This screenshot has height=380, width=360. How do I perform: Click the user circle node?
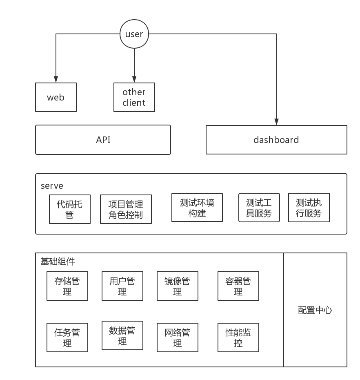(x=134, y=34)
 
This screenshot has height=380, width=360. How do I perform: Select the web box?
(x=56, y=97)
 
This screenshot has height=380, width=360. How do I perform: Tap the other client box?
(x=134, y=97)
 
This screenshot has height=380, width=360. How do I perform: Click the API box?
(x=103, y=140)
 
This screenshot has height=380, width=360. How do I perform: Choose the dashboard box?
(x=276, y=140)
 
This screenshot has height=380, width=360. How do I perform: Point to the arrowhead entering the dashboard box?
(x=276, y=122)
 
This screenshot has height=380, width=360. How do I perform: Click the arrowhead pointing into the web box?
(x=56, y=80)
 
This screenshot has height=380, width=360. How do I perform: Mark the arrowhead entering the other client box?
(x=134, y=80)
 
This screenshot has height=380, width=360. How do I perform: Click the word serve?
(x=52, y=186)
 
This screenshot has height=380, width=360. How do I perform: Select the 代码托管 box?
(x=69, y=209)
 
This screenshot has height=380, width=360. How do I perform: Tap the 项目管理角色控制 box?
(x=126, y=209)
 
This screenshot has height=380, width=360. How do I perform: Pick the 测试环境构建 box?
(x=197, y=208)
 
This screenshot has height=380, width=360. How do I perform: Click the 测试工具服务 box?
(x=259, y=208)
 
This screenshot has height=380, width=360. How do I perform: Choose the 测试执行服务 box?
(x=309, y=208)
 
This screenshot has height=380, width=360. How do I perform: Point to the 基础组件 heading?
(x=58, y=262)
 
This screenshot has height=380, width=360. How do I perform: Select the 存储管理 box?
(x=67, y=286)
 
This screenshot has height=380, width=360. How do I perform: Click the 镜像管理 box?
(x=178, y=286)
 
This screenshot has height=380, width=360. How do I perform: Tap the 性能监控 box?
(x=238, y=338)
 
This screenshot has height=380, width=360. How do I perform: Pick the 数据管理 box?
(x=122, y=335)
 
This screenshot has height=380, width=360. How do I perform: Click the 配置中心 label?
(x=315, y=310)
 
